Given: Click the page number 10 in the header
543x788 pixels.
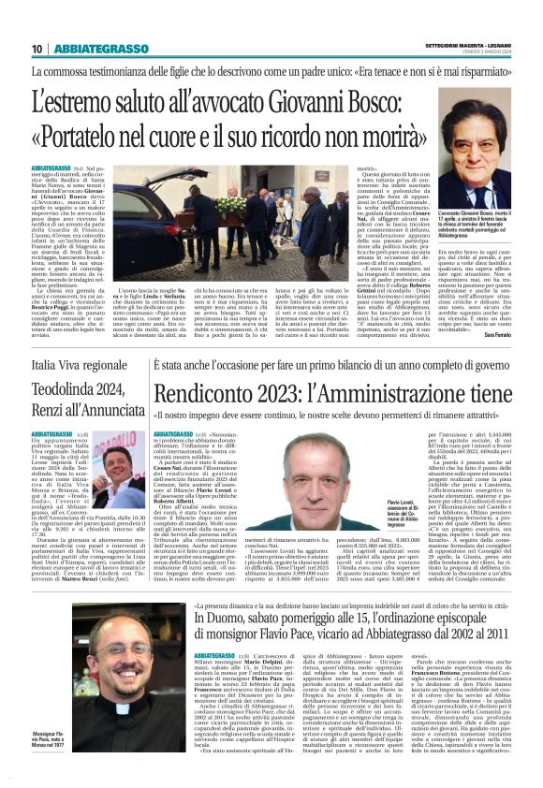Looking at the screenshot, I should (37, 49).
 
